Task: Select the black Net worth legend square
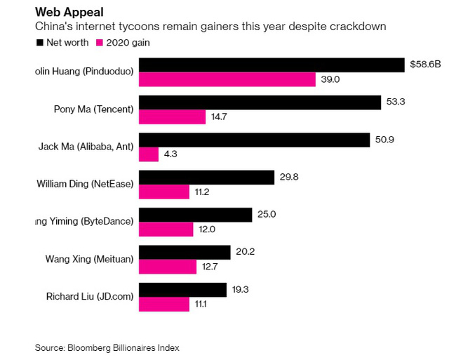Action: (39, 43)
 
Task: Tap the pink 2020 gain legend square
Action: (100, 43)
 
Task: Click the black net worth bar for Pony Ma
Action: (260, 102)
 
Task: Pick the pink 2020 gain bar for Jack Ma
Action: (149, 154)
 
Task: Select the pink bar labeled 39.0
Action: (227, 79)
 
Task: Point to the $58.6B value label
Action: (425, 65)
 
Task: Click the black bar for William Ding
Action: (206, 177)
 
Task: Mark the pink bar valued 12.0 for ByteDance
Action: (166, 229)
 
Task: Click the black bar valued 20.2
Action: (185, 252)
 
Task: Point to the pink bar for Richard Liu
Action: (164, 304)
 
